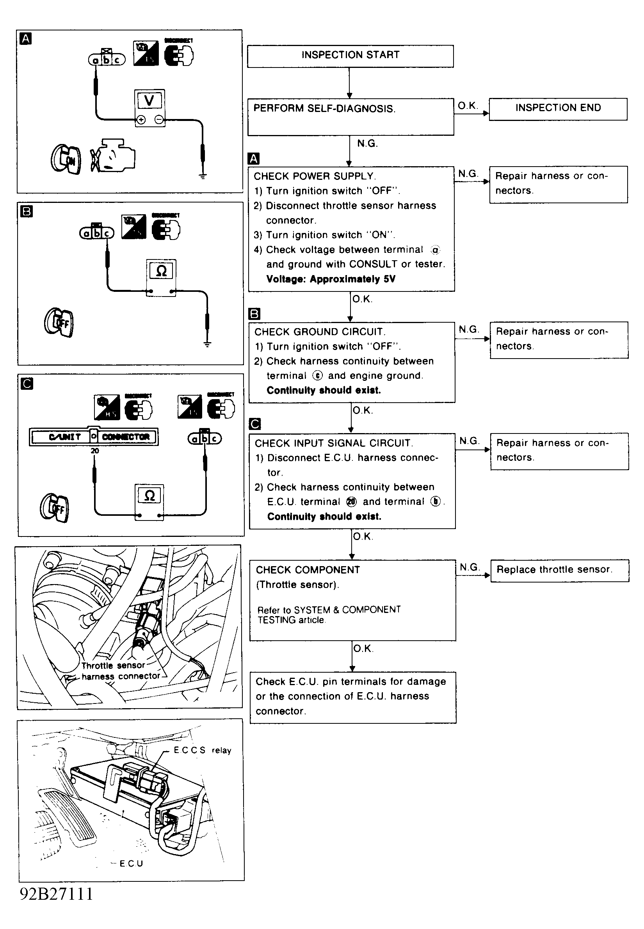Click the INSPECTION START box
tap(350, 56)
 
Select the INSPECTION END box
tap(558, 108)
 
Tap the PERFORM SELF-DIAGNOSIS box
tap(350, 117)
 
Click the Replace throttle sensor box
tap(559, 570)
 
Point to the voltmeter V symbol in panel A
tap(149, 100)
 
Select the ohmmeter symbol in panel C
tap(149, 496)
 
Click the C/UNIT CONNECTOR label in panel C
tap(94, 437)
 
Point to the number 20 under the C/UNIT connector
tap(95, 451)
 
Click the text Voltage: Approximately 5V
tap(331, 279)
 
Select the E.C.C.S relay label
tap(202, 750)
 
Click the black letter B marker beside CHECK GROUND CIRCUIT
tap(254, 314)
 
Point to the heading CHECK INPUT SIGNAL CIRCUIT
tap(334, 443)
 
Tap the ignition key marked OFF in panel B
tap(59, 323)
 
